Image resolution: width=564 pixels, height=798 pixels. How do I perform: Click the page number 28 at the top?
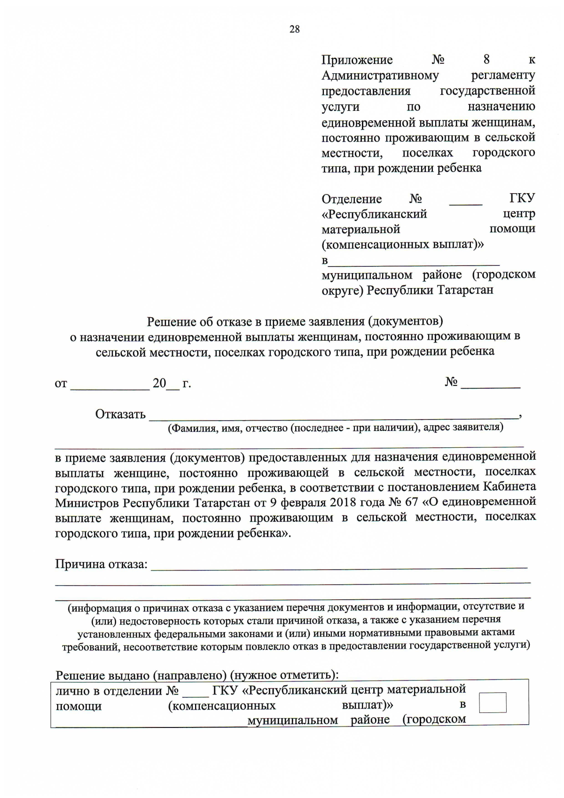[294, 30]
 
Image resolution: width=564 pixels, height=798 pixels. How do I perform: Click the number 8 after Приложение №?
[486, 60]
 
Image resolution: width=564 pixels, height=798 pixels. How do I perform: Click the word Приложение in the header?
[357, 60]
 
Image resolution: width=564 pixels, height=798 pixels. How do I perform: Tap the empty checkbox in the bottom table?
[492, 703]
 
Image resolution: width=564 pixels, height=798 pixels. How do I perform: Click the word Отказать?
[120, 414]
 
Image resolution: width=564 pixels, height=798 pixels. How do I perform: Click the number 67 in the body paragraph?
[411, 502]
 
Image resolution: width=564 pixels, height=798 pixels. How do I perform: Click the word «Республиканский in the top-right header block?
[374, 214]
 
